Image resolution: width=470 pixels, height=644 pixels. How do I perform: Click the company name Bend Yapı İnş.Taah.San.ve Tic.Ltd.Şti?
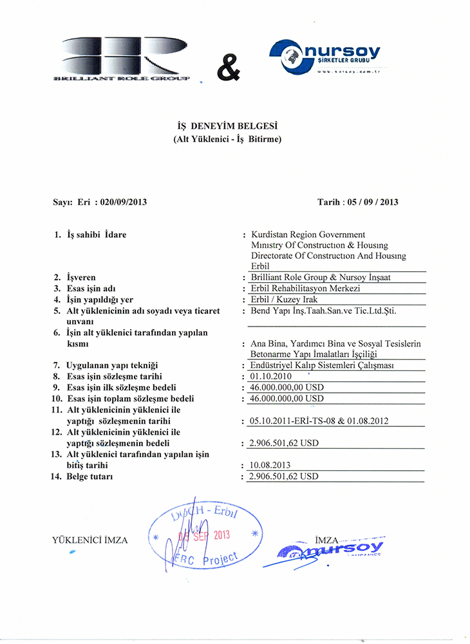tap(323, 311)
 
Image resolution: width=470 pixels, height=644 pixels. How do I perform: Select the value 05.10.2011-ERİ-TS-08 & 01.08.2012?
tap(318, 421)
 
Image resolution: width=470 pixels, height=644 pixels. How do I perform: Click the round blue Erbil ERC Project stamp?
tap(205, 538)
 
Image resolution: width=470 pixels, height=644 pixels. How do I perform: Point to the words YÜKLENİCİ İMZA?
tap(89, 540)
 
